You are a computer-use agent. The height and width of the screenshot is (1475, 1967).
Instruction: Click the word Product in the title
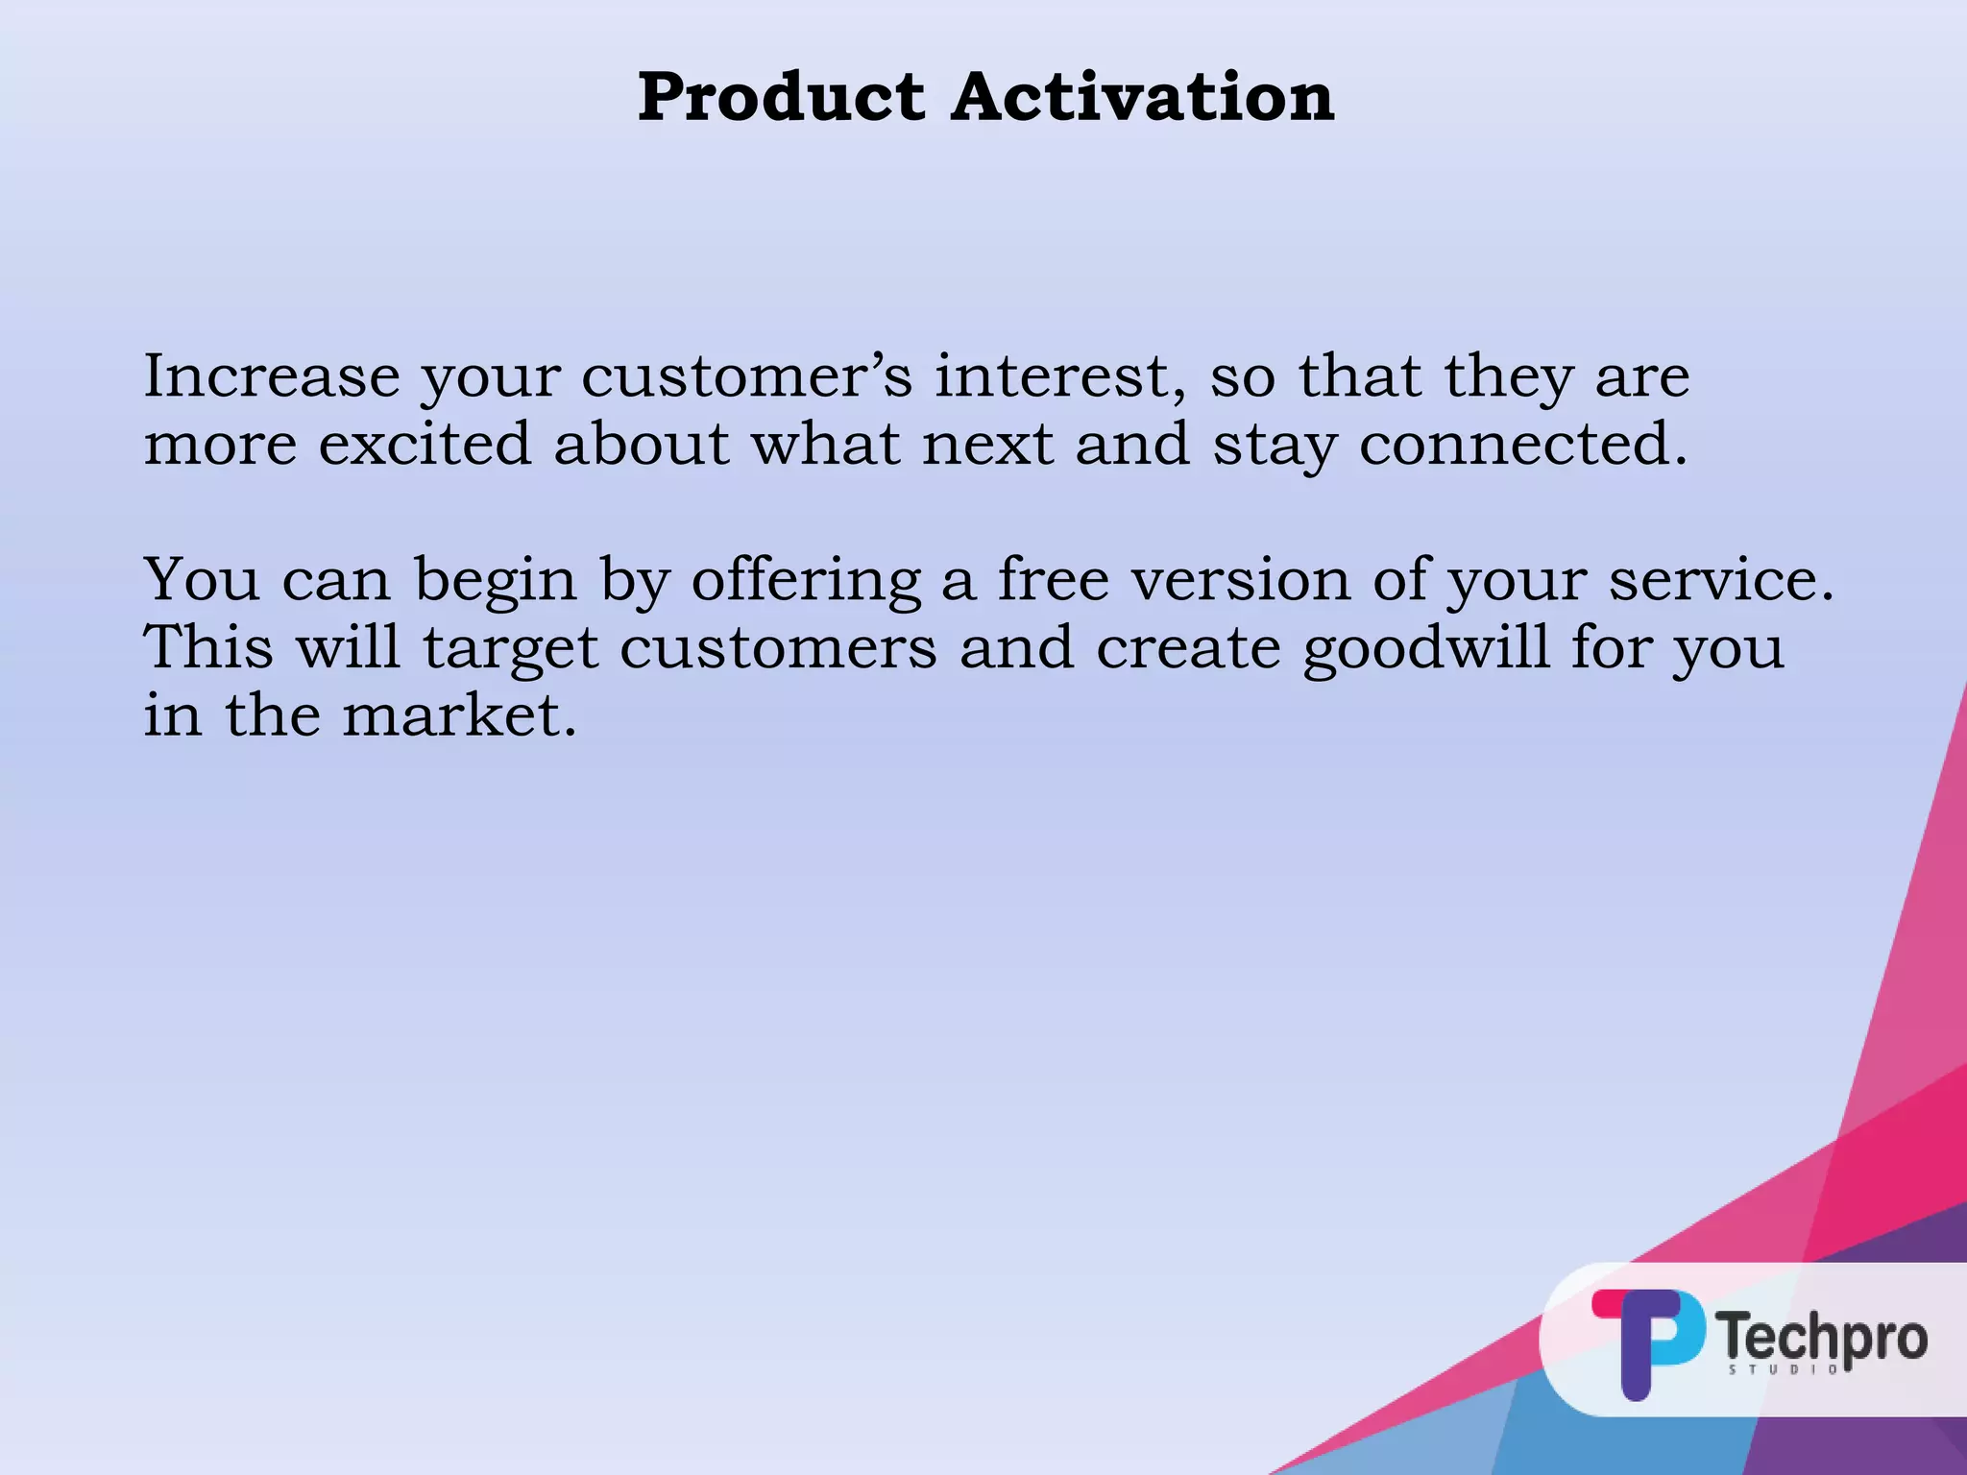tap(781, 99)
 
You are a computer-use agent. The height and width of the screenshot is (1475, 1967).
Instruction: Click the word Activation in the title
tap(1143, 97)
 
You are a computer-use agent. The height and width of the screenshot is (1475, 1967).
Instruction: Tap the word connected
tap(1522, 445)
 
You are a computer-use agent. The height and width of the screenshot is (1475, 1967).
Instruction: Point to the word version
tap(1240, 580)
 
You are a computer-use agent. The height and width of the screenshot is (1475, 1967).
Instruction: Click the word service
tap(1720, 580)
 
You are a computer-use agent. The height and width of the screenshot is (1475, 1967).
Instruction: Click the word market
tap(459, 715)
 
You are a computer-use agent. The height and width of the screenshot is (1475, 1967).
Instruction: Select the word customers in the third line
tap(778, 648)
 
